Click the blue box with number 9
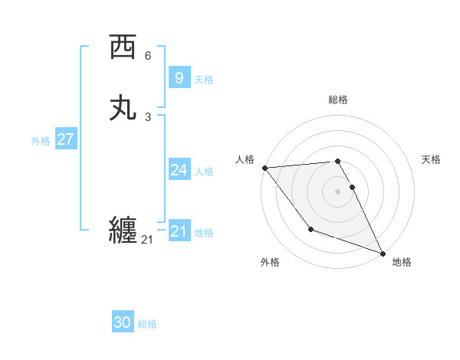179,77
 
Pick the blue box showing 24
179,170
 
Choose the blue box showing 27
65,139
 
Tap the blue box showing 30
123,322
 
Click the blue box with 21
179,231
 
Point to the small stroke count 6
148,56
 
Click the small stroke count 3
148,117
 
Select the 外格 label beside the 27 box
41,141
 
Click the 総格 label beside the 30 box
147,324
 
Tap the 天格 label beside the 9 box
204,79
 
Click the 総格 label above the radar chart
338,100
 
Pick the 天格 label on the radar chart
432,159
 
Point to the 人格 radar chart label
245,159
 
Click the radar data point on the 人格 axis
264,168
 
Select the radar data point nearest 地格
383,253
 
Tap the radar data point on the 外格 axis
310,229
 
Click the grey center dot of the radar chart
338,191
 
